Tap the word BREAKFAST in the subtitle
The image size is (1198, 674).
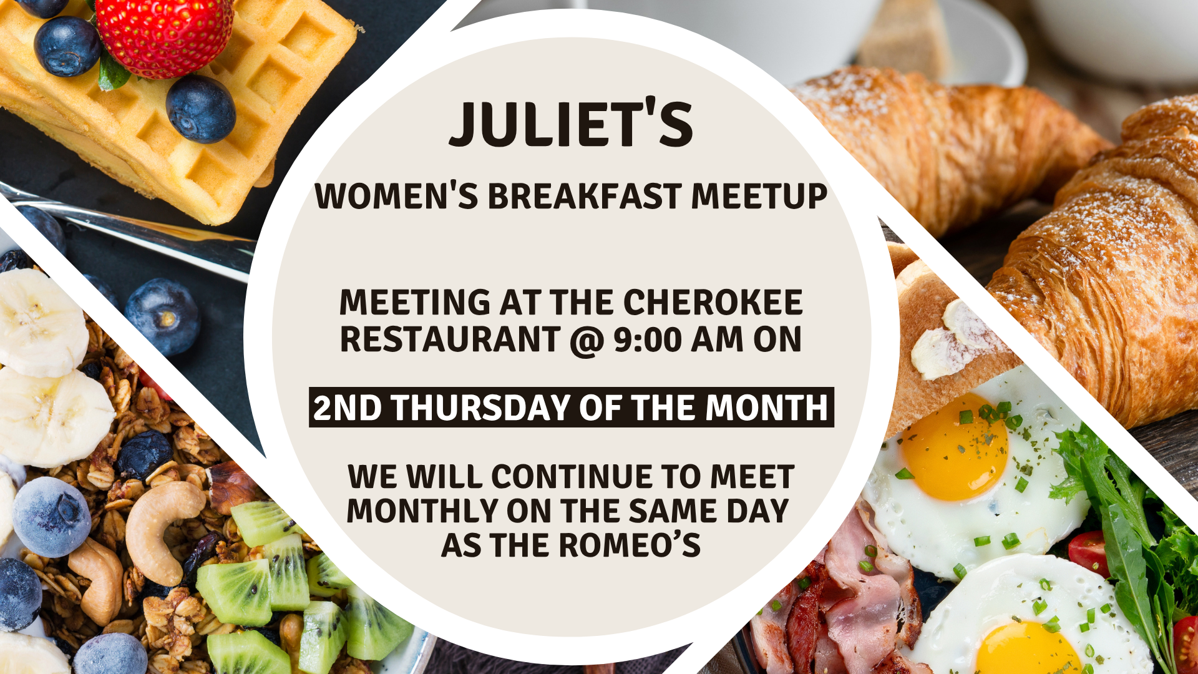pyautogui.click(x=584, y=197)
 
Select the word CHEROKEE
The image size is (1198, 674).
pyautogui.click(x=713, y=303)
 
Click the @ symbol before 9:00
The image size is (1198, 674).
pyautogui.click(x=585, y=341)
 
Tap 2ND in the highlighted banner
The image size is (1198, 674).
pyautogui.click(x=347, y=408)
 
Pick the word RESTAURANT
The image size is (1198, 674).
pyautogui.click(x=449, y=340)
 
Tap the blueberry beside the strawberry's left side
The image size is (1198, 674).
pyautogui.click(x=66, y=47)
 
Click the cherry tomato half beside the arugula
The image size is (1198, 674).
pyautogui.click(x=1089, y=552)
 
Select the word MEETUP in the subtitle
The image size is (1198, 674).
pyautogui.click(x=759, y=197)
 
